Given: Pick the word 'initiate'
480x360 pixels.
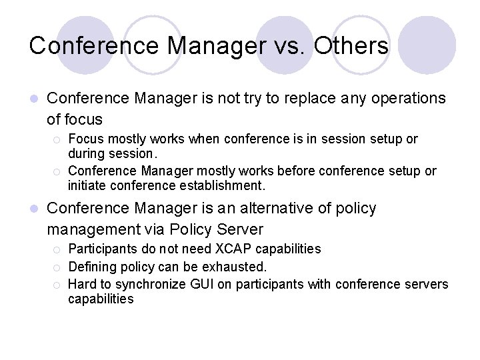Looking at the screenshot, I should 89,185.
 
